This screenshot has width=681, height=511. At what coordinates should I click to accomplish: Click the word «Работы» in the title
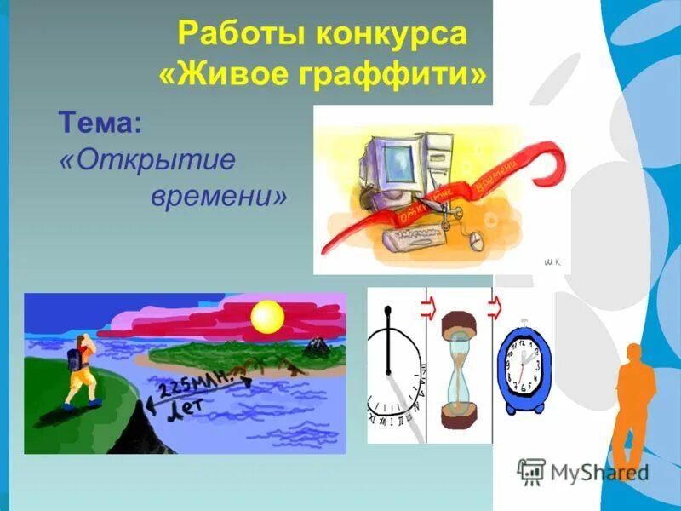(x=236, y=36)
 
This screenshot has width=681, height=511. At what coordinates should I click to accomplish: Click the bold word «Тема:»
(x=100, y=123)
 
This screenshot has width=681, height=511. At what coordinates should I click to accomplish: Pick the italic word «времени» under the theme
(x=219, y=197)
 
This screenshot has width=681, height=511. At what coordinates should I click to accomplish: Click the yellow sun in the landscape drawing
(x=267, y=317)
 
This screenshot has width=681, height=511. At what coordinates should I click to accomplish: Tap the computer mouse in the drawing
(x=476, y=241)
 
